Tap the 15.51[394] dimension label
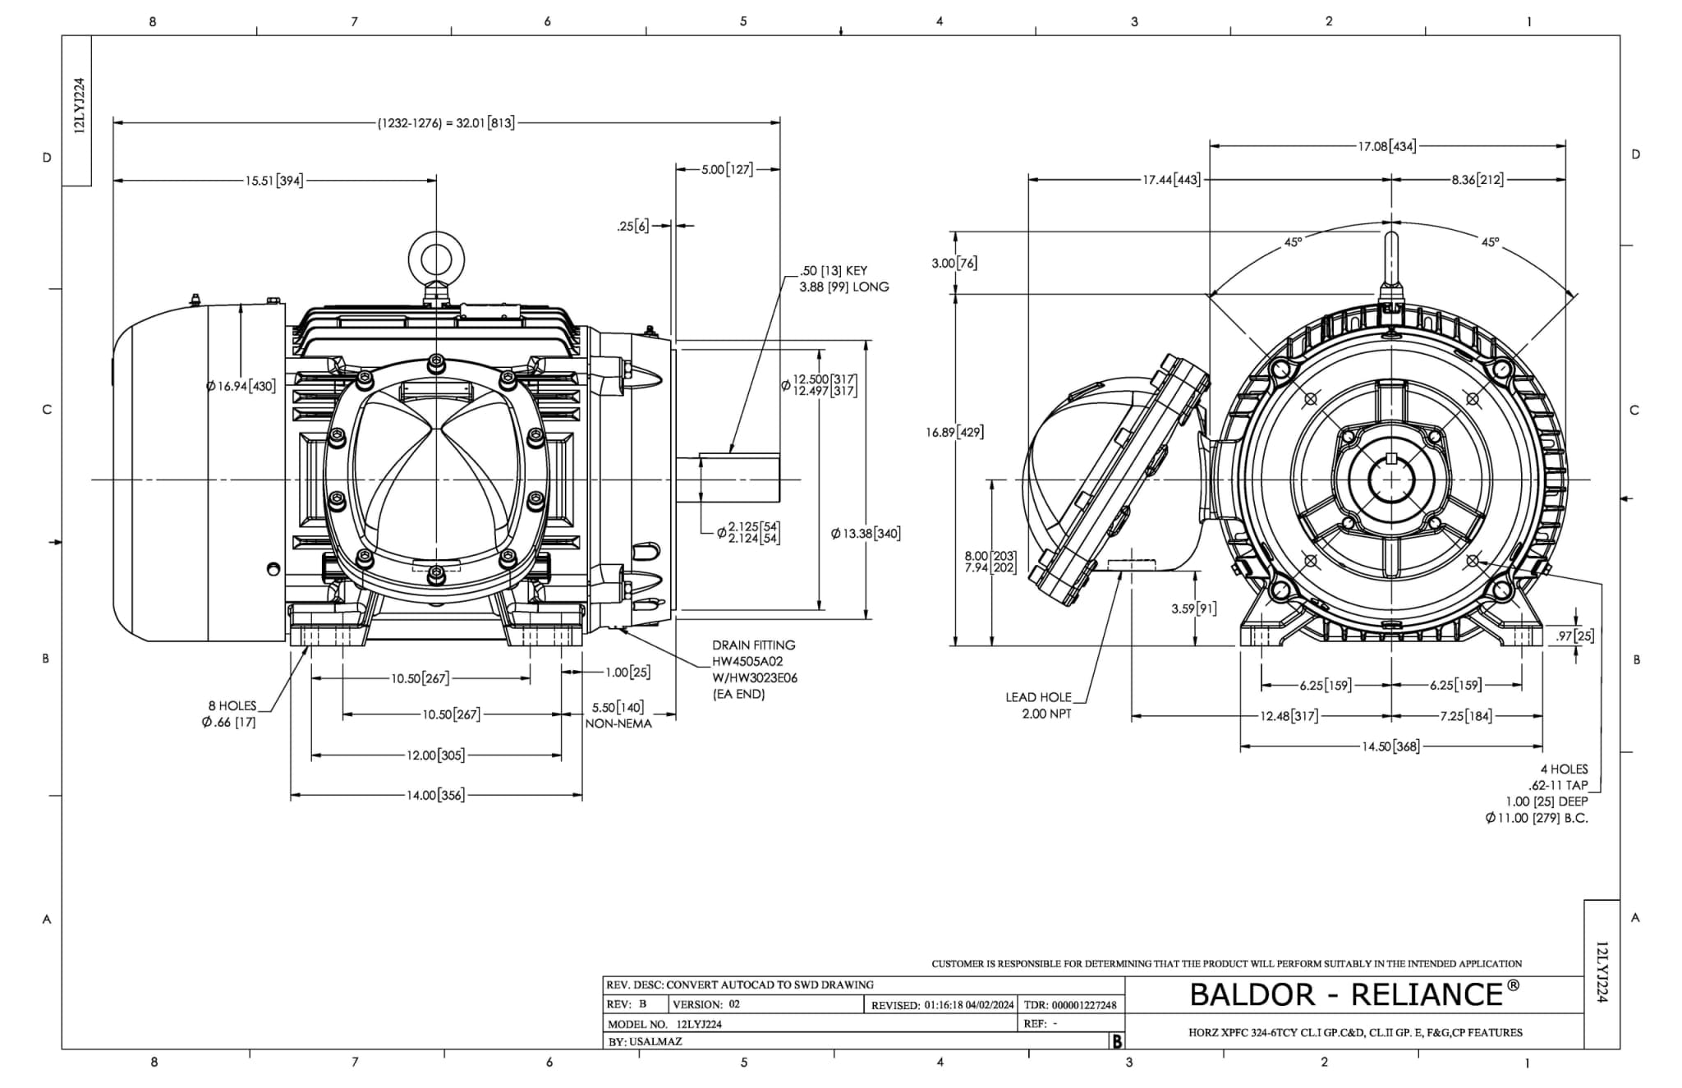click(274, 181)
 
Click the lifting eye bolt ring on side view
click(436, 259)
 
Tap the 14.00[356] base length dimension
click(435, 795)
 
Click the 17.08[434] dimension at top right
click(1387, 147)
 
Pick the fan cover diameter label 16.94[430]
click(241, 386)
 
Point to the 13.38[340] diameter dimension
click(866, 534)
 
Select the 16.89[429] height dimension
click(954, 432)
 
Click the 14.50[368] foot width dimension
click(1390, 746)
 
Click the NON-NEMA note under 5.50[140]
click(618, 723)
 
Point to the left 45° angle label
click(1293, 243)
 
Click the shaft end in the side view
click(777, 480)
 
